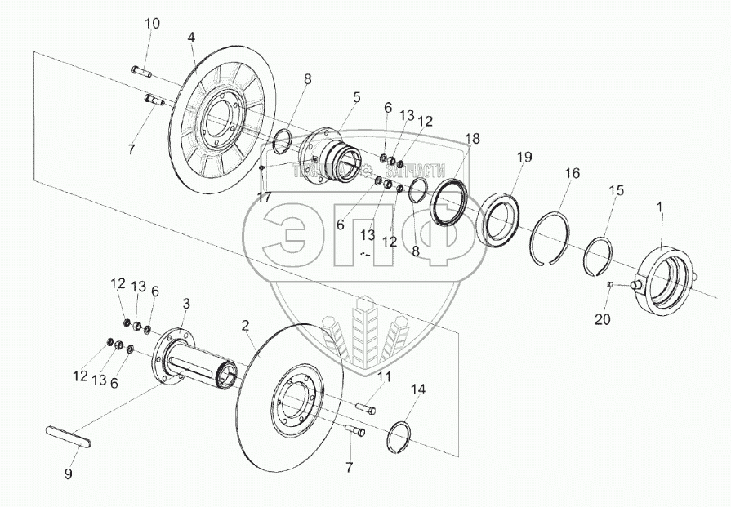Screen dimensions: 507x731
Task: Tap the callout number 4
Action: pyautogui.click(x=191, y=38)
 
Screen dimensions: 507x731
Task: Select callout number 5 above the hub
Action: pyautogui.click(x=356, y=97)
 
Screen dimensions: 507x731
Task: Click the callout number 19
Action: pyautogui.click(x=524, y=156)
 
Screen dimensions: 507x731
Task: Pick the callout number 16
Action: pyautogui.click(x=572, y=173)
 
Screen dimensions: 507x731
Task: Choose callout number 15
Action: pyautogui.click(x=617, y=190)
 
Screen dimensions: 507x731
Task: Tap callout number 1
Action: pyautogui.click(x=660, y=207)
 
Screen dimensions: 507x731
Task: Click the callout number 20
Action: pyautogui.click(x=602, y=319)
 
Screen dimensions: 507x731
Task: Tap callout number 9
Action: pyautogui.click(x=69, y=473)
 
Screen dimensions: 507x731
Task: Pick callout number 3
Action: pyautogui.click(x=185, y=303)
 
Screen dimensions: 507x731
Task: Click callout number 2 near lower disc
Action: pyautogui.click(x=244, y=325)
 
